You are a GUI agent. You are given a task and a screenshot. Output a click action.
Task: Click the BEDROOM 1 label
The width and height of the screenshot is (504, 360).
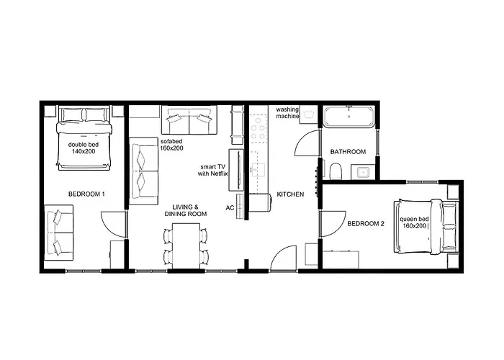click(86, 194)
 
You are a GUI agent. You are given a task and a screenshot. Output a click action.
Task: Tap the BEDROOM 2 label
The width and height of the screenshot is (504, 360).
click(366, 224)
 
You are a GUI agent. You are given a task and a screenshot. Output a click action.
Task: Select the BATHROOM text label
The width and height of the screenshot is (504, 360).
click(348, 152)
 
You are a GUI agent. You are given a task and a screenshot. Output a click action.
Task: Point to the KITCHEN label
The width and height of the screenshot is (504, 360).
click(290, 194)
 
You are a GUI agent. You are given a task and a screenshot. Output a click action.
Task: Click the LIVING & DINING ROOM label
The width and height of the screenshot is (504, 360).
click(186, 210)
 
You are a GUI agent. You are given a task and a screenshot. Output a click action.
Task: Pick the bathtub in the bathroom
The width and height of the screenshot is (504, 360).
click(348, 117)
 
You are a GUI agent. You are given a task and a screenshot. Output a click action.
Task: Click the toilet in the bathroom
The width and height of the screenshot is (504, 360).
click(336, 171)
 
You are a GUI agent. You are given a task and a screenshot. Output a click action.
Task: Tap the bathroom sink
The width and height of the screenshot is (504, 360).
click(363, 173)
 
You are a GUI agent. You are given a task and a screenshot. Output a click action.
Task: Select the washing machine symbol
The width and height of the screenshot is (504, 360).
click(309, 114)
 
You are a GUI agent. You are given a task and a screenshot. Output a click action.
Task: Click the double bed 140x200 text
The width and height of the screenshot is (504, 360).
click(84, 148)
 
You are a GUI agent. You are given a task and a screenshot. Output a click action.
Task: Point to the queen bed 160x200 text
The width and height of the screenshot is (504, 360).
click(414, 222)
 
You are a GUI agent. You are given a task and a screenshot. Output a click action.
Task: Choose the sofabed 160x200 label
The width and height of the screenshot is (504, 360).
click(171, 145)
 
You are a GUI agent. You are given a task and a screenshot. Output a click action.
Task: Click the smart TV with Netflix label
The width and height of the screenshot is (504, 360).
click(213, 171)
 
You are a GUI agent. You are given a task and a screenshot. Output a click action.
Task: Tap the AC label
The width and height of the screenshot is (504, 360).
click(230, 208)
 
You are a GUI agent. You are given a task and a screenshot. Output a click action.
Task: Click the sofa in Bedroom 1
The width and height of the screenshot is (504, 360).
click(59, 233)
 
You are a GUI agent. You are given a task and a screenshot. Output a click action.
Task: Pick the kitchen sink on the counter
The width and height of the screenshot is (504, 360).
click(258, 170)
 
